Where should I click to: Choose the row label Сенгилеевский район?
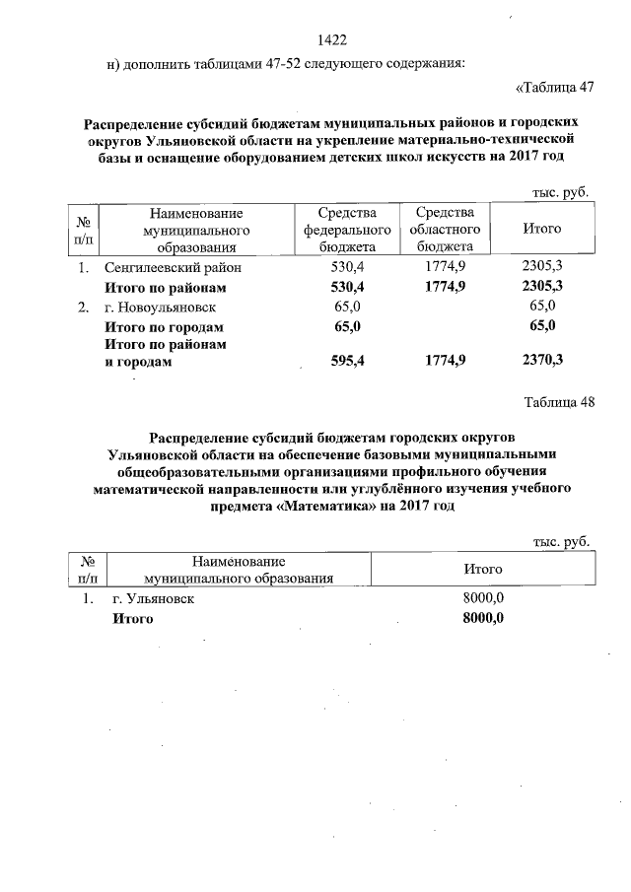click(x=172, y=267)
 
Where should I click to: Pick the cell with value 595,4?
click(x=348, y=361)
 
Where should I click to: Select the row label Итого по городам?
click(x=165, y=326)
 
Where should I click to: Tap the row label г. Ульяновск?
click(x=153, y=598)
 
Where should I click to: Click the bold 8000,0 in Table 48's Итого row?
click(x=483, y=618)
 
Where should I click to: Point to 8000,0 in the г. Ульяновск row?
click(x=483, y=598)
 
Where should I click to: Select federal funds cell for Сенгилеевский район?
click(x=348, y=267)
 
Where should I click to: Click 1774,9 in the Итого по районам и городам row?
click(x=446, y=361)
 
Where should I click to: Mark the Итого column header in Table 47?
click(x=541, y=229)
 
